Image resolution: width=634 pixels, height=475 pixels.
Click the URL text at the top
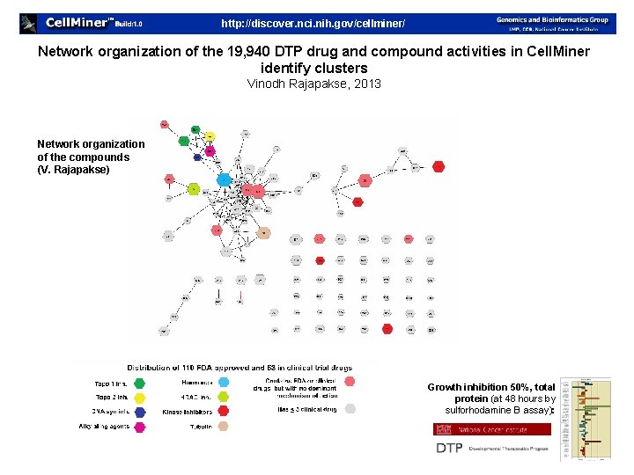(x=313, y=23)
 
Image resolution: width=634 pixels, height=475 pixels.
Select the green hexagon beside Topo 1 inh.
(x=139, y=383)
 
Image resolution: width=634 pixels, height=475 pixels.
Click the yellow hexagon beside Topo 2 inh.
(x=139, y=397)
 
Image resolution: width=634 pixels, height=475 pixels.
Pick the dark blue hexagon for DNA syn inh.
(x=139, y=412)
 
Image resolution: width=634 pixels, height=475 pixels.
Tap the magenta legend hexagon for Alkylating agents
(x=139, y=427)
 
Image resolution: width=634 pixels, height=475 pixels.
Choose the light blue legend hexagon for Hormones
(x=224, y=383)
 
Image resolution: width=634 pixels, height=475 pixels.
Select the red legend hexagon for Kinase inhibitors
(x=224, y=412)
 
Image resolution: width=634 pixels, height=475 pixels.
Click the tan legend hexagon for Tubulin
(x=224, y=427)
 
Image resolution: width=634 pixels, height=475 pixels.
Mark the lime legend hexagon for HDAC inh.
(x=224, y=397)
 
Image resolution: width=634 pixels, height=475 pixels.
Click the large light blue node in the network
(x=225, y=179)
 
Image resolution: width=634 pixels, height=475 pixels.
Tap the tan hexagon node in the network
(x=263, y=234)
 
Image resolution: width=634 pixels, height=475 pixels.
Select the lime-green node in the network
(x=194, y=189)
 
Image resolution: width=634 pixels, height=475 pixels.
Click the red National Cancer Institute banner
(x=491, y=429)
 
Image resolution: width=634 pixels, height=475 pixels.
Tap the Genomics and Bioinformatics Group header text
(x=551, y=19)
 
